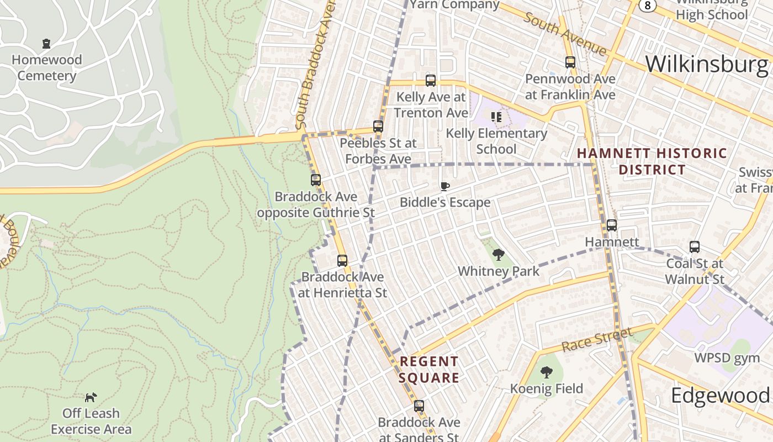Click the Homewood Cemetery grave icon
pos(46,43)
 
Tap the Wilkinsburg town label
pos(706,64)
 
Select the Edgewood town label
pos(720,396)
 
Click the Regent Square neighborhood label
pos(430,370)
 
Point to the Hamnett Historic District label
pos(652,161)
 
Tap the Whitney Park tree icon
pos(498,255)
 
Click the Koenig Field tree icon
pos(546,372)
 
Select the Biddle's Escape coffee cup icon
pos(444,186)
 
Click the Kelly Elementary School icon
pos(496,117)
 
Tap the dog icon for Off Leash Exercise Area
pos(91,397)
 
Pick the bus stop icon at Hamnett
pos(612,225)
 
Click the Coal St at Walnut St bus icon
pos(694,246)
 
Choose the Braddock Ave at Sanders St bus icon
pos(419,406)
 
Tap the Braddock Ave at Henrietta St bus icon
pos(342,260)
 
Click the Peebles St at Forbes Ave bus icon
pos(378,126)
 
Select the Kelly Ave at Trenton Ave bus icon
pos(431,81)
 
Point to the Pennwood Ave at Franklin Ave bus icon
pos(570,62)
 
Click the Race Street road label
pos(597,339)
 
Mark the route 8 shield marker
pos(647,5)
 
